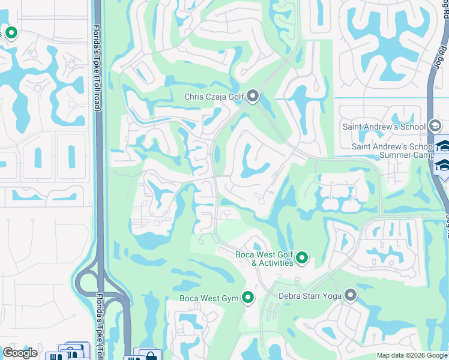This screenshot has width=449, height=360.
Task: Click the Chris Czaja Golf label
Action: [x=214, y=97]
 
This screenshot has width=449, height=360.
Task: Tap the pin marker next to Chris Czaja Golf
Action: [x=253, y=96]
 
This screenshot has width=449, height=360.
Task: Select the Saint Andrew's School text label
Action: [x=384, y=127]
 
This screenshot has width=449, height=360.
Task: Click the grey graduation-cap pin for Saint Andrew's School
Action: [x=436, y=126]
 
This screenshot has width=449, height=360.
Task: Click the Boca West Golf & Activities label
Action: [x=264, y=259]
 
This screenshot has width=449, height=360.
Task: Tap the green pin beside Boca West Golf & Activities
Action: [x=302, y=259]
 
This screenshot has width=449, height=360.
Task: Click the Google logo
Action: [x=20, y=352]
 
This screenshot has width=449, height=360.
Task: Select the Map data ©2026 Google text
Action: [x=411, y=355]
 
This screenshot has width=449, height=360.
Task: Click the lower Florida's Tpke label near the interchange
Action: [x=99, y=324]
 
